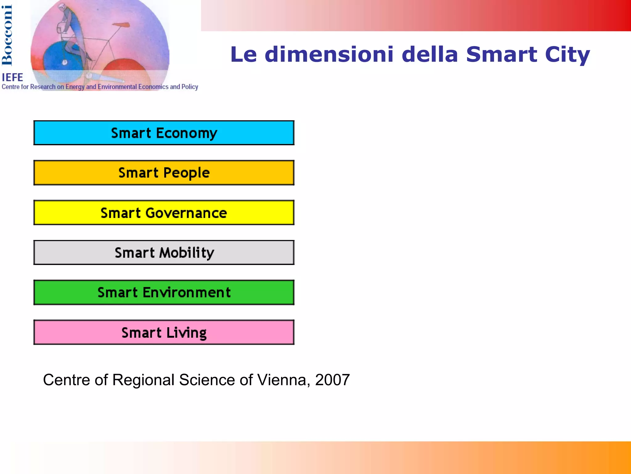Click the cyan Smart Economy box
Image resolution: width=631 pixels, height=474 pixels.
(164, 133)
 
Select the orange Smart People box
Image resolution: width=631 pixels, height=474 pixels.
(164, 173)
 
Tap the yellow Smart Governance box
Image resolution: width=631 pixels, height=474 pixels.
(164, 213)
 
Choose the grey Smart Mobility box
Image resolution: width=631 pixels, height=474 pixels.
(164, 253)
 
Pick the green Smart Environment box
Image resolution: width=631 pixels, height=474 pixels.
(164, 292)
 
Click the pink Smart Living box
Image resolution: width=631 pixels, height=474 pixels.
(164, 332)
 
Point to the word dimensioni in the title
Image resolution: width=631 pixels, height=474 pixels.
(329, 54)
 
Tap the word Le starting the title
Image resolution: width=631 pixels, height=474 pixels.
(243, 54)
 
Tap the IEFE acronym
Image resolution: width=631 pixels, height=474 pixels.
(12, 77)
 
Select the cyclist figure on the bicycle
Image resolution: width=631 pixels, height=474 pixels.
(71, 31)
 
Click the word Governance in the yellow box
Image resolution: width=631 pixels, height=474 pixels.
(186, 213)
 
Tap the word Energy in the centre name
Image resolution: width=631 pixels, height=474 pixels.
(75, 87)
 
